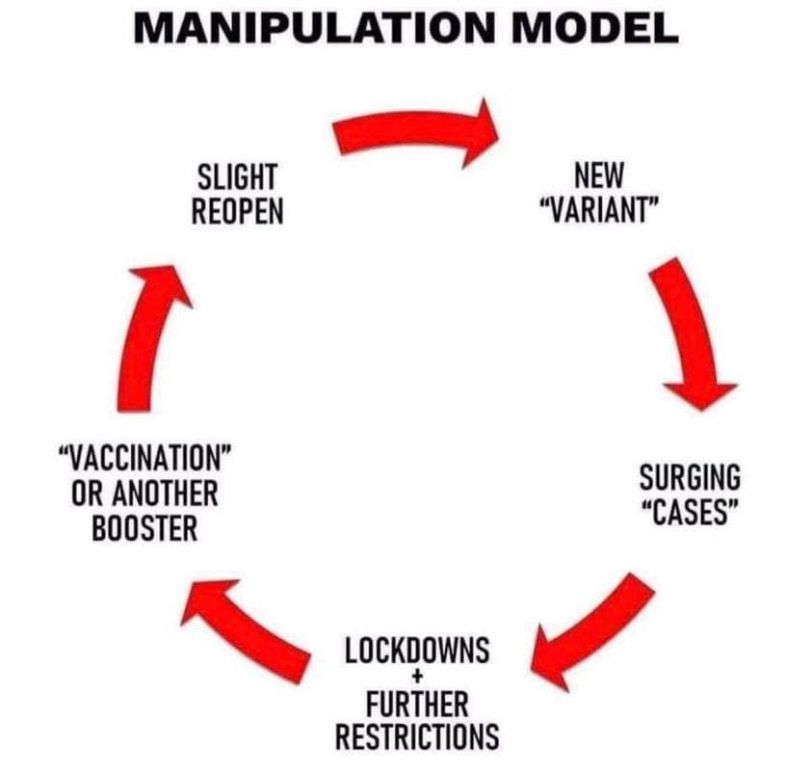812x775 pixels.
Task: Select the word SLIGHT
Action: tap(237, 177)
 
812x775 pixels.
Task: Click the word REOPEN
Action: tap(237, 211)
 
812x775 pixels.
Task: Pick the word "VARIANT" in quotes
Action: tap(599, 209)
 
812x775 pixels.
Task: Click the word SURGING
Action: tap(691, 476)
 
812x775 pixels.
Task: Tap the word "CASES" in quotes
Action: tap(691, 510)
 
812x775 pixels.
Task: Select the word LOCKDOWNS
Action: tap(417, 651)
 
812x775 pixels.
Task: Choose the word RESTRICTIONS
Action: tap(417, 736)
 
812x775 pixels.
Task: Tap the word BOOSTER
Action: tap(145, 528)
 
